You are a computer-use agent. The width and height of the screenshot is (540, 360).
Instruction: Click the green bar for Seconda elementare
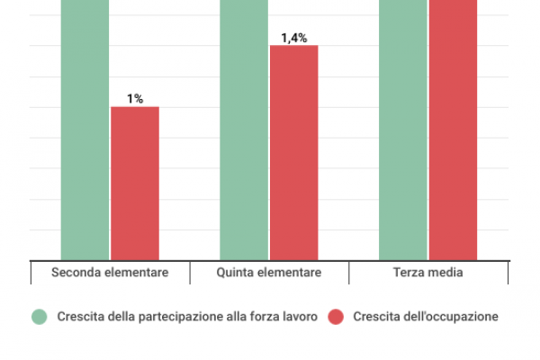point(85,130)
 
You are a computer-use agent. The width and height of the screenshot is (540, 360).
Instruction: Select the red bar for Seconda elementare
point(134,184)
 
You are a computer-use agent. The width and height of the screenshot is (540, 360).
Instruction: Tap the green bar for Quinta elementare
point(244,130)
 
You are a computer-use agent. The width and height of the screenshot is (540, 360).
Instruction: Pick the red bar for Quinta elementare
point(294,153)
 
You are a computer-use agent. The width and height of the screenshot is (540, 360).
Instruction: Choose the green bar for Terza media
point(402,130)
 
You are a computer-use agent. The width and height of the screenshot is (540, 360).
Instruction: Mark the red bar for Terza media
point(453,130)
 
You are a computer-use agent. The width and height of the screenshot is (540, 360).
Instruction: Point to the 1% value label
point(134,99)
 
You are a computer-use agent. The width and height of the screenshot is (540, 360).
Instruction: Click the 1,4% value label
point(294,38)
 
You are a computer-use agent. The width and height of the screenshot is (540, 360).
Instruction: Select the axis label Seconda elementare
point(110,273)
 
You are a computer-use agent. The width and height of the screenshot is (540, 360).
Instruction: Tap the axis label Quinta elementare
point(269,273)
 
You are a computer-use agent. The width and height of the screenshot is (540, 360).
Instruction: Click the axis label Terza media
point(428,273)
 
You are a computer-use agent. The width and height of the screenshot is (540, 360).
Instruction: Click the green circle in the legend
point(40,317)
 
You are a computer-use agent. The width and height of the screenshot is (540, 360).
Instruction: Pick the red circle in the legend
point(336,317)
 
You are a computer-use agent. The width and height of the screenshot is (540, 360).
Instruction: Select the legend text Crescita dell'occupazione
point(425,317)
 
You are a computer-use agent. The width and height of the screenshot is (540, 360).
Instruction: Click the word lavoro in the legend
point(299,317)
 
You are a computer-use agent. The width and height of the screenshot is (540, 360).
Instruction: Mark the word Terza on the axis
point(409,273)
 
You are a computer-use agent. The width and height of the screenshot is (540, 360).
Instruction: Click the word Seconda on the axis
point(76,273)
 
